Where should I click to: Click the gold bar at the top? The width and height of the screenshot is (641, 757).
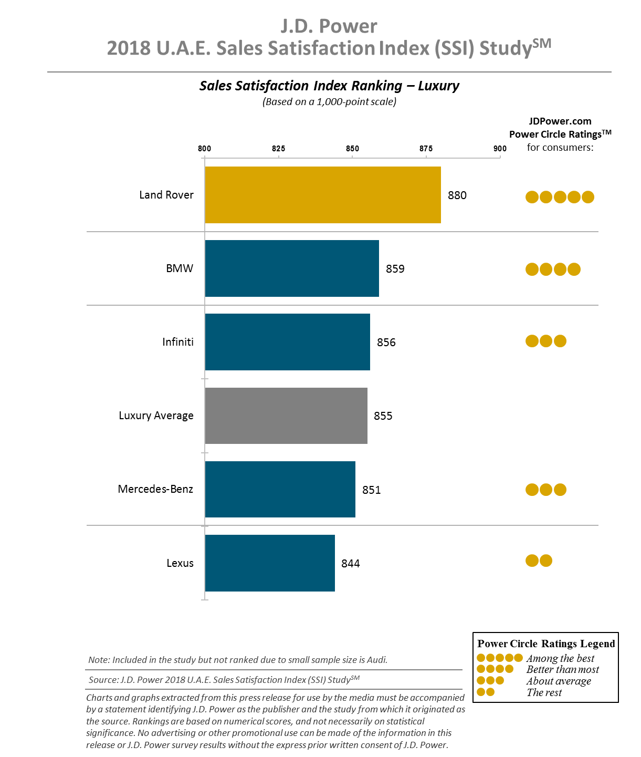pos(322,195)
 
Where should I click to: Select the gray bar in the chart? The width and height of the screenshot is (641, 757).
pos(286,416)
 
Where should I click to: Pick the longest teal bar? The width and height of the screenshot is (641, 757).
pos(291,268)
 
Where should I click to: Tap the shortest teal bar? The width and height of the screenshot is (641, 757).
pos(269,563)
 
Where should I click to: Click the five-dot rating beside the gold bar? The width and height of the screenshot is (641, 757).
pos(560,197)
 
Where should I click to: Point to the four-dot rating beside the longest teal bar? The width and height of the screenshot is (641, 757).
pos(553,269)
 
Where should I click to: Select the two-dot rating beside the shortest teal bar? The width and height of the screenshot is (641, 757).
pos(539,561)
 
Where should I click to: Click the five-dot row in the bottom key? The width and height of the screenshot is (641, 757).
pos(499,658)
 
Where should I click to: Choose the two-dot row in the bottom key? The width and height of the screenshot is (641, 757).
pos(486,692)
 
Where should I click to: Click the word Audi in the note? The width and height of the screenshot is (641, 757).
pos(377,660)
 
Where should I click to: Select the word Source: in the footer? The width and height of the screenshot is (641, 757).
pos(103,680)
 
